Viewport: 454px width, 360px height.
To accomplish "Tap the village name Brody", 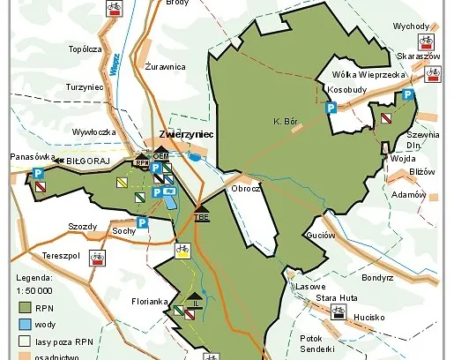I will tap(176, 4).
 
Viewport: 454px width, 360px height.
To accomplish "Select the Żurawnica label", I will tap(165, 66).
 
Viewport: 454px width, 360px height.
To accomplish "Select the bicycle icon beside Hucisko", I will tap(337, 311).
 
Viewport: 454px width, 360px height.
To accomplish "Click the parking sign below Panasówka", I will tap(39, 173).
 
